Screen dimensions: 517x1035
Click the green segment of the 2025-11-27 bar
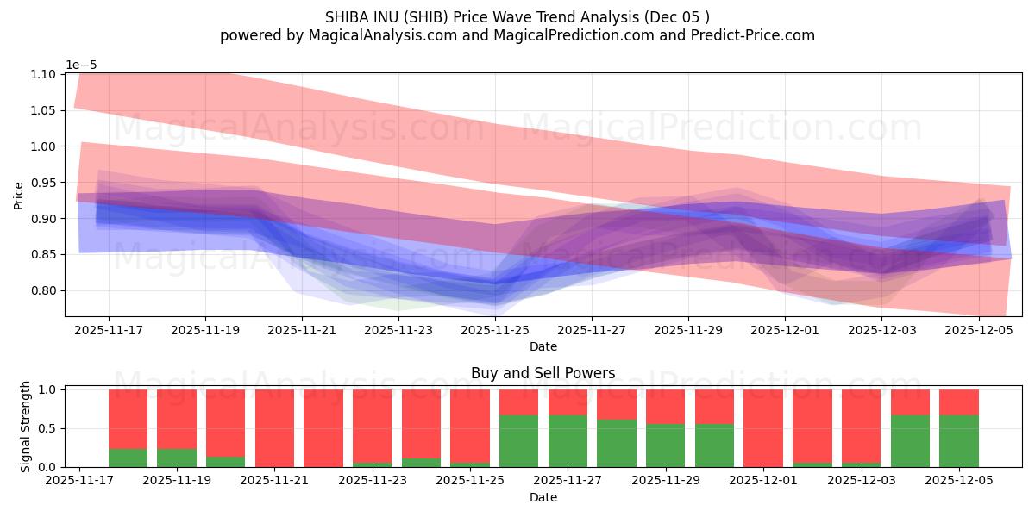[x=568, y=441]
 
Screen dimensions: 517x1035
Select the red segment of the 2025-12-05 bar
[x=959, y=402]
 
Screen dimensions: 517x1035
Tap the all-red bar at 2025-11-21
[x=274, y=428]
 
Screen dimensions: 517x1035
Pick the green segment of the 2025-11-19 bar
[x=176, y=458]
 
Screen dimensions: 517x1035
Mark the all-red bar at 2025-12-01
[x=763, y=428]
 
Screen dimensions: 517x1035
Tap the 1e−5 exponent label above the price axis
[x=83, y=65]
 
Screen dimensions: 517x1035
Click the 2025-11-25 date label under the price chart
[x=495, y=329]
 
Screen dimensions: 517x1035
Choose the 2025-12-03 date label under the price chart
[x=881, y=329]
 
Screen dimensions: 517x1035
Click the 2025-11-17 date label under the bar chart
[x=79, y=480]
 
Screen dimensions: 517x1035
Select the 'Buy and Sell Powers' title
[x=543, y=373]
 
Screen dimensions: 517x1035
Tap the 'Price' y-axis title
[x=19, y=195]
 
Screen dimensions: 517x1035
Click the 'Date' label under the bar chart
[x=543, y=497]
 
